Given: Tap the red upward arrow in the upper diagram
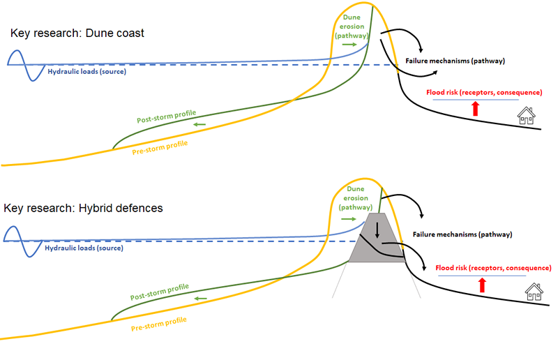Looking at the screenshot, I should point(476,108).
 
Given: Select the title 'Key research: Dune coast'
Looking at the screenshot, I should point(77,33).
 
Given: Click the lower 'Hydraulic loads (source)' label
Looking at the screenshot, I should point(84,247).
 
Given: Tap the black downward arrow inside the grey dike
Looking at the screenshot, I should point(377,230).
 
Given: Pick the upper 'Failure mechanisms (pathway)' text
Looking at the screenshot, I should point(455,61).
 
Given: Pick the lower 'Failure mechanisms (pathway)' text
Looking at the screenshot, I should point(462,234).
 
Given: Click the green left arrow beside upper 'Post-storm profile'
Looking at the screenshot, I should point(199,125).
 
